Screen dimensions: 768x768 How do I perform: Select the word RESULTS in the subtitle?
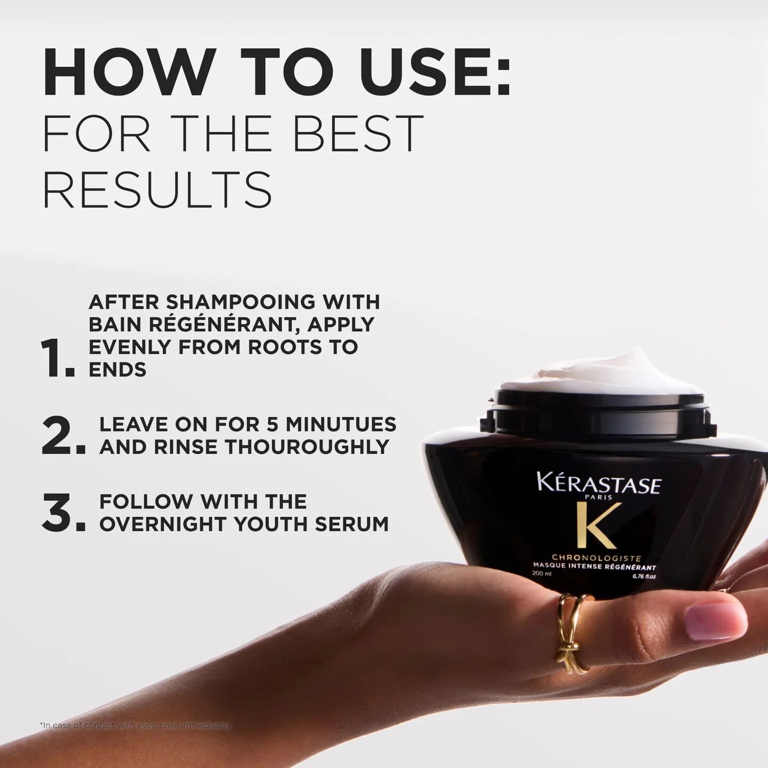157,189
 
